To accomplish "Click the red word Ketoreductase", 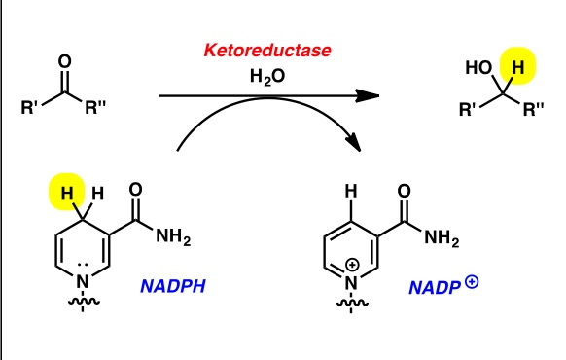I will click(x=258, y=49).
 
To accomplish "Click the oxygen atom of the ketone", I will click(x=65, y=61).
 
